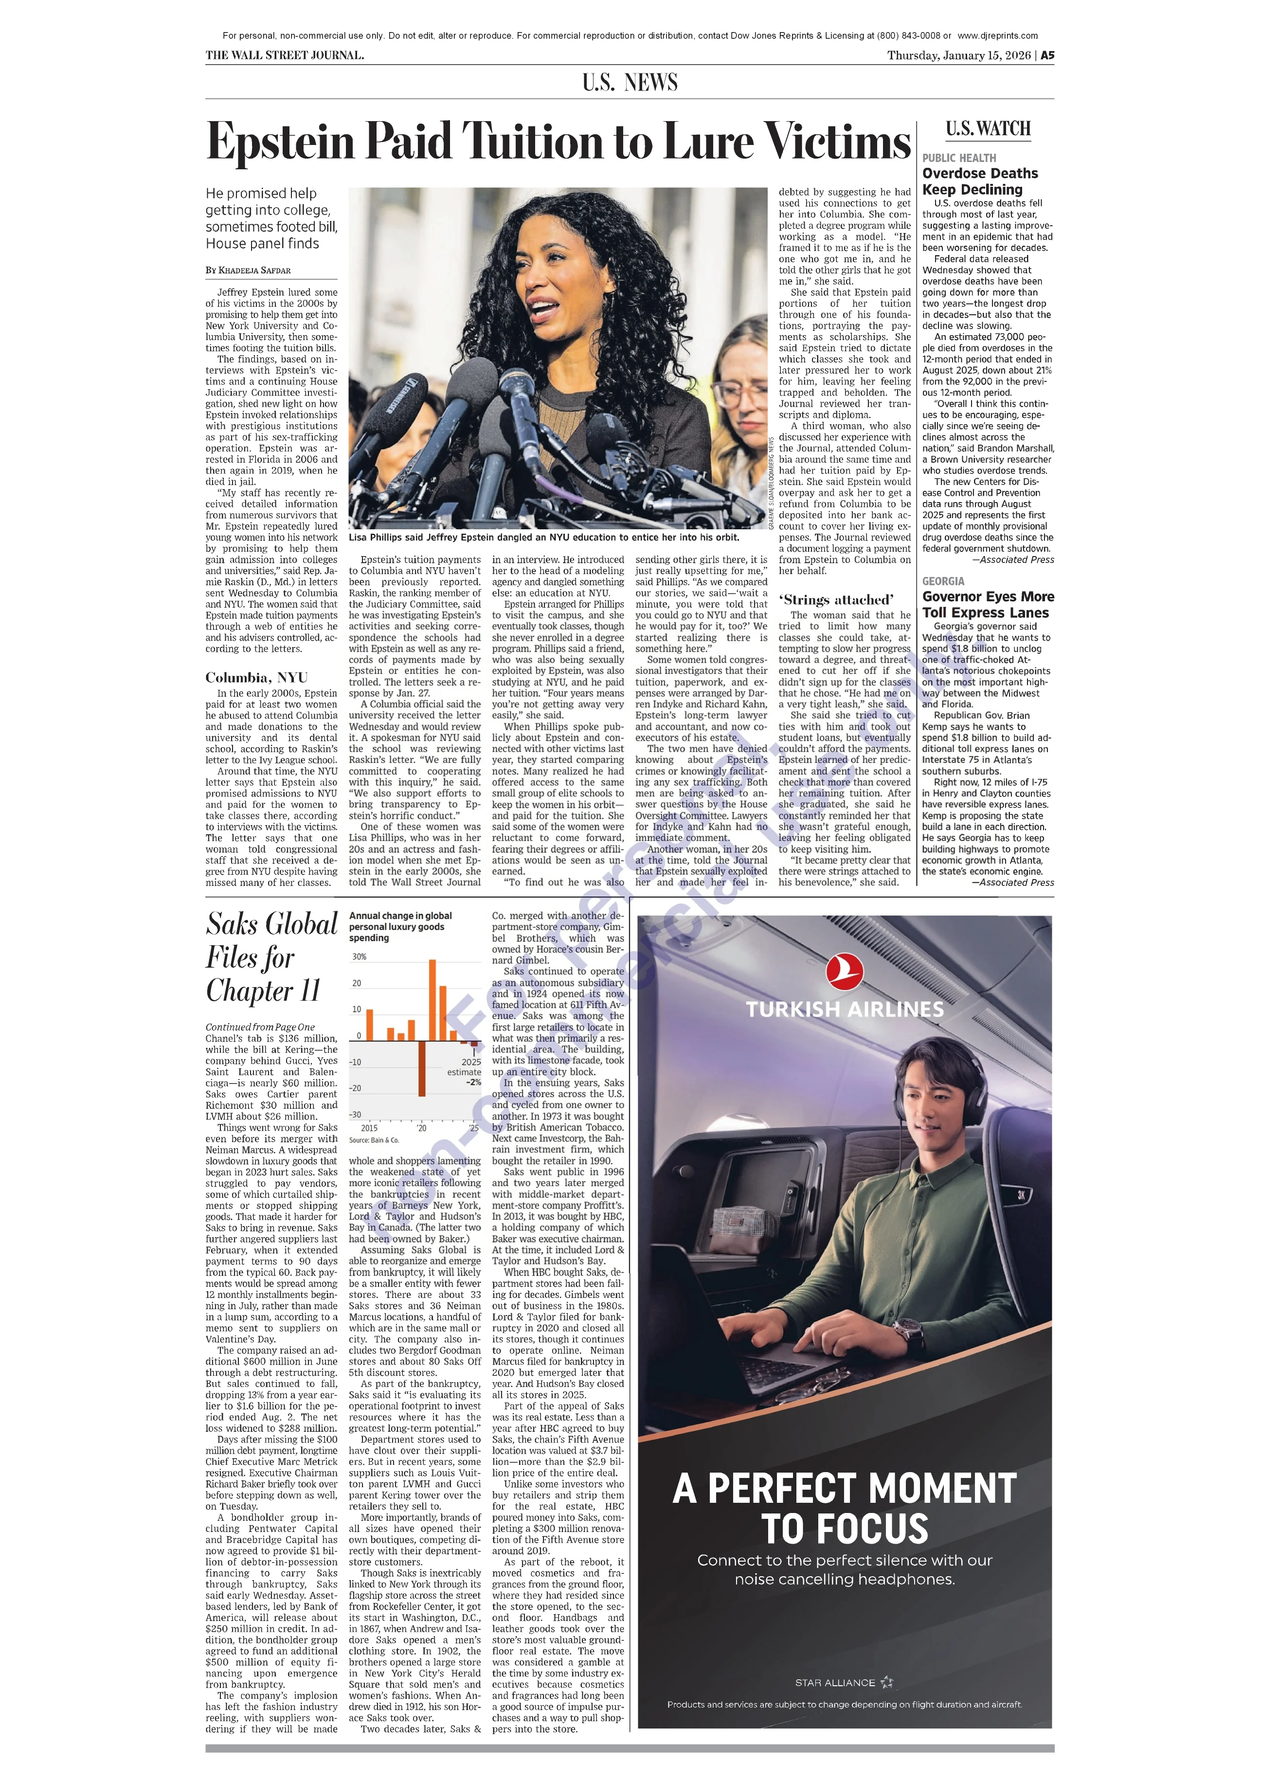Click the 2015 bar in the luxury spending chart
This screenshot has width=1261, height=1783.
pos(370,1024)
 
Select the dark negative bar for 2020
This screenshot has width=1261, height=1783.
pos(422,1068)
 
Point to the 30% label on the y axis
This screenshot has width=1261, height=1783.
pos(359,957)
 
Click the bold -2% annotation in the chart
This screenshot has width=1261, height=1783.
pos(474,1082)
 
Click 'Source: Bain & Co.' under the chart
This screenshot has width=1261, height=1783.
pos(374,1140)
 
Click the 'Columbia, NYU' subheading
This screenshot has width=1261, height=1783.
pos(256,677)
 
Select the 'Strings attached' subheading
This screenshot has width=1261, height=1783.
pos(835,599)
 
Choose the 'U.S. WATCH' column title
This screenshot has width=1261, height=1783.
pos(988,129)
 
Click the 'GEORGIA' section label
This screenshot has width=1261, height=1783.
pos(943,581)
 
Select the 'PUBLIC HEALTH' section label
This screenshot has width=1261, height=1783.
pos(958,158)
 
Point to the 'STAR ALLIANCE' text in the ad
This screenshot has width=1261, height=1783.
pos(835,1683)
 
